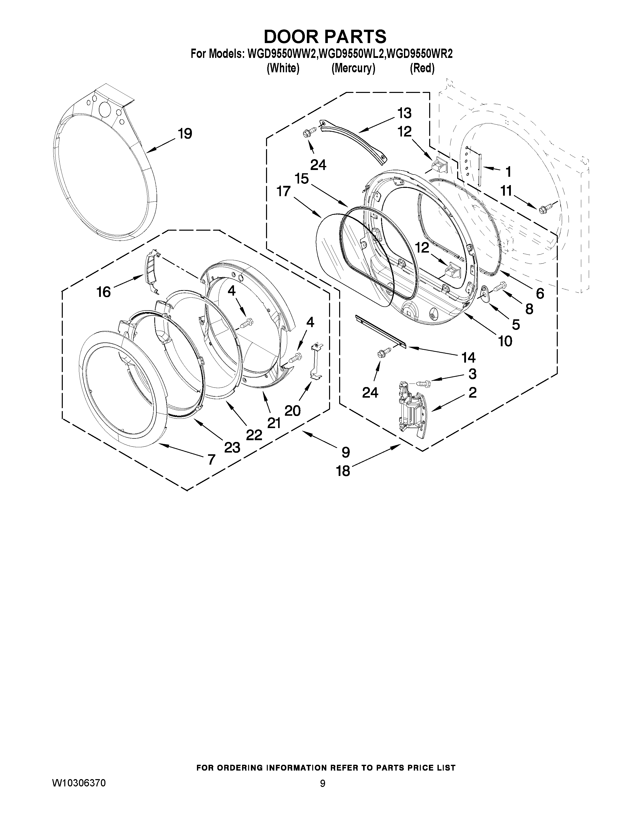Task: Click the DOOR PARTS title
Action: tap(325, 37)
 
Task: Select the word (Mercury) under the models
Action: tap(353, 68)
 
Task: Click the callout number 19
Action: tap(185, 134)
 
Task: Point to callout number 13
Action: tap(404, 113)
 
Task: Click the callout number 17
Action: tap(284, 191)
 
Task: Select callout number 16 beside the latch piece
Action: tap(104, 292)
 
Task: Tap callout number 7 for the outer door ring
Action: tap(211, 459)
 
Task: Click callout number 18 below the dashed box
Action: tap(343, 471)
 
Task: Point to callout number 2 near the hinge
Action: tap(472, 392)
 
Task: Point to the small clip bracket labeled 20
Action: tap(316, 361)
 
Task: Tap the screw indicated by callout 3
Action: tap(423, 383)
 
